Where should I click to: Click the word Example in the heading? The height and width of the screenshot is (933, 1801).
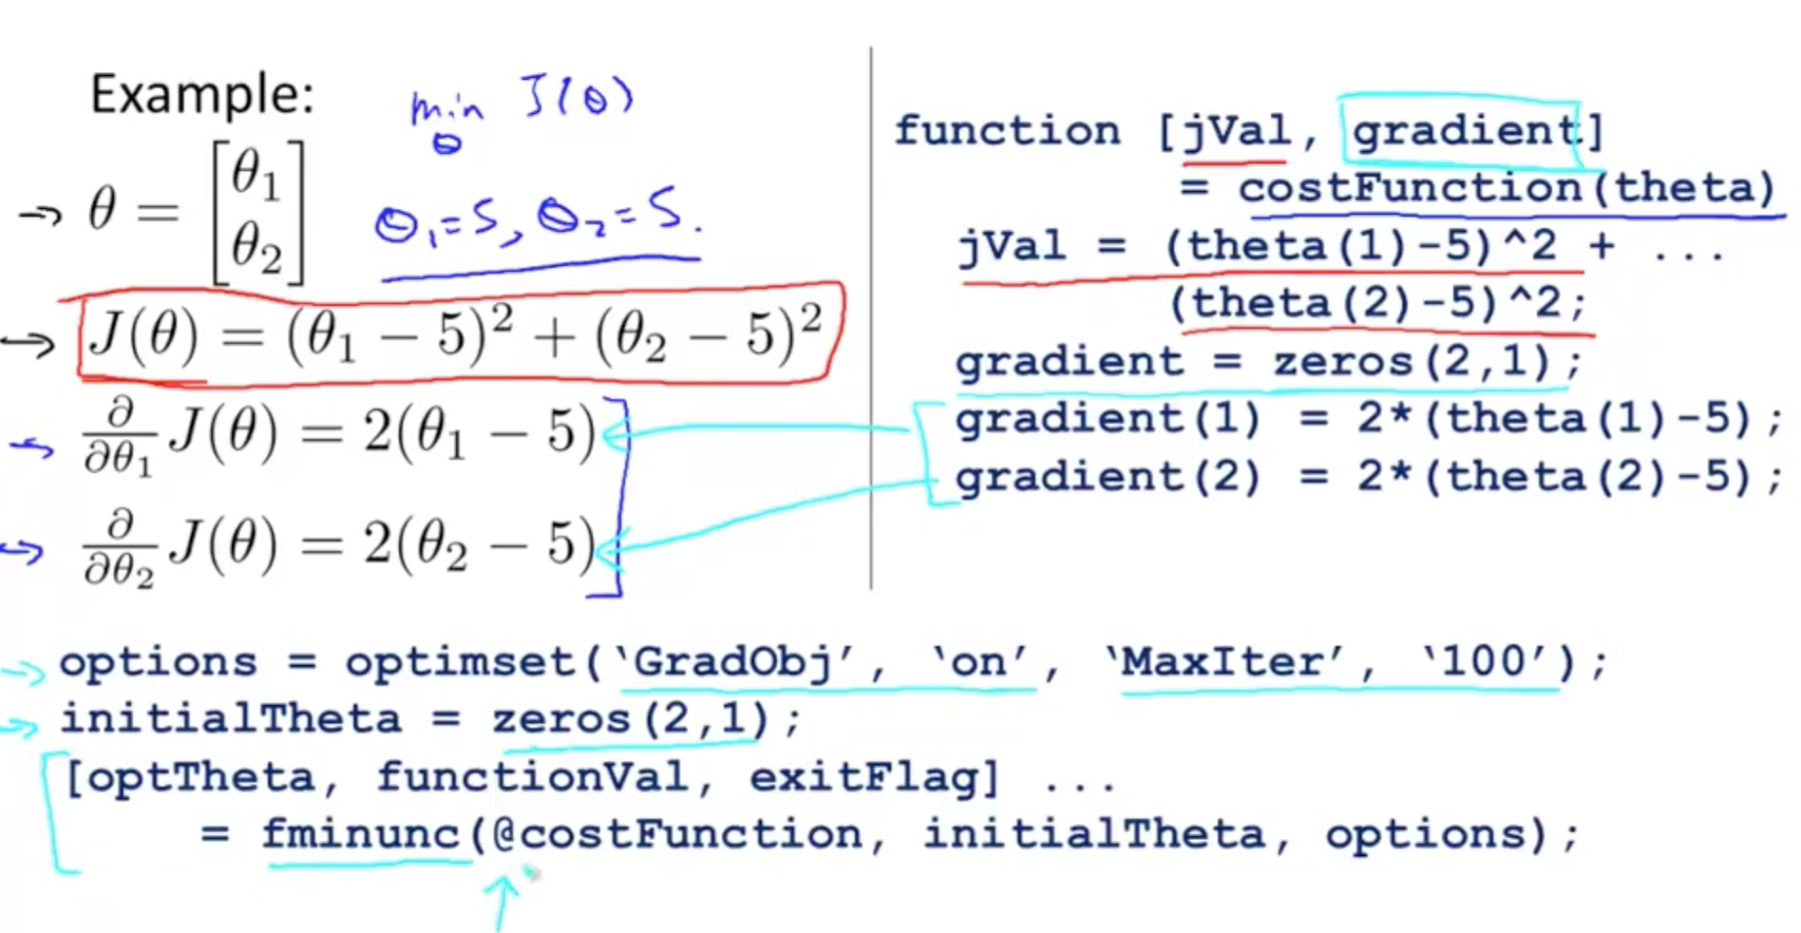[200, 95]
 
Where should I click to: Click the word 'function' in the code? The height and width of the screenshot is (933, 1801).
[1007, 131]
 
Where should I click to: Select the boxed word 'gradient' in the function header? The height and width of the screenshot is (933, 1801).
[1463, 131]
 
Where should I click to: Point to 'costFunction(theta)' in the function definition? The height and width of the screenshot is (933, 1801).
[1507, 188]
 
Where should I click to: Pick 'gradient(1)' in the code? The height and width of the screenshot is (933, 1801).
[1108, 419]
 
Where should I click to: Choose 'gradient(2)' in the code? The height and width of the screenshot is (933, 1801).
[1108, 477]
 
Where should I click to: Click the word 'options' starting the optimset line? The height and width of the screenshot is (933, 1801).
[158, 662]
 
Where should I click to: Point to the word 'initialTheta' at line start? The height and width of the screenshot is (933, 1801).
[231, 719]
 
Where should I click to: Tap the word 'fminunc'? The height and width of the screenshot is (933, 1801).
[361, 835]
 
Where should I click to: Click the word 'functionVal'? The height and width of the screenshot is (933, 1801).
[532, 778]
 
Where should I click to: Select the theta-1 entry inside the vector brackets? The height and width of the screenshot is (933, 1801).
[256, 177]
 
